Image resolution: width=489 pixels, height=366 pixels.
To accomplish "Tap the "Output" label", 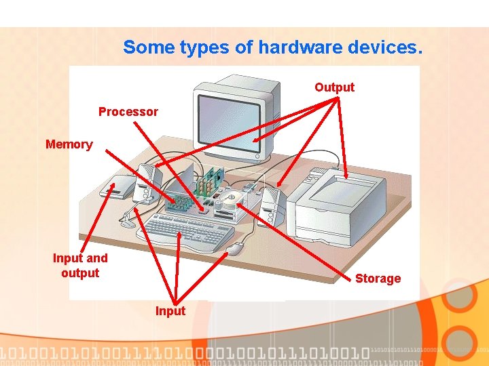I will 334,87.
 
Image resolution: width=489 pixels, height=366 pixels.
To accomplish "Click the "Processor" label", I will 128,112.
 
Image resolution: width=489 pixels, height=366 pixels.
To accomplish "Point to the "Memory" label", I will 69,144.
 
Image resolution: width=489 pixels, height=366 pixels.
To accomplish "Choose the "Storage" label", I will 378,279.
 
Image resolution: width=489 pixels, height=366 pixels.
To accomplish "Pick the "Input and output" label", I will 80,266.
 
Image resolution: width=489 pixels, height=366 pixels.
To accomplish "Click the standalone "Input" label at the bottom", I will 170,311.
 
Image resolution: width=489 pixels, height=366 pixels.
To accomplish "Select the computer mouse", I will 235,249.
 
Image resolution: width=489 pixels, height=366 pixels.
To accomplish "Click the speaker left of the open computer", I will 147,183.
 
